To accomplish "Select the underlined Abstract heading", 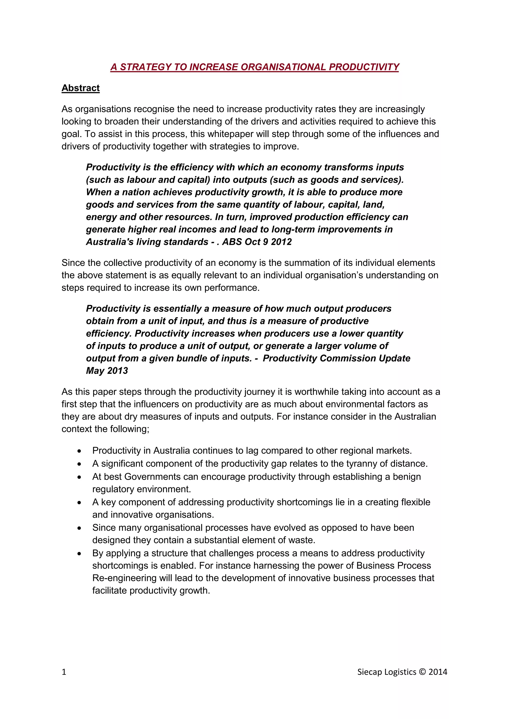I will coord(81,88).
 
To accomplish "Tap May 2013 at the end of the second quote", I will coord(107,371).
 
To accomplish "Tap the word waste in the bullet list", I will coord(302,540).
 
